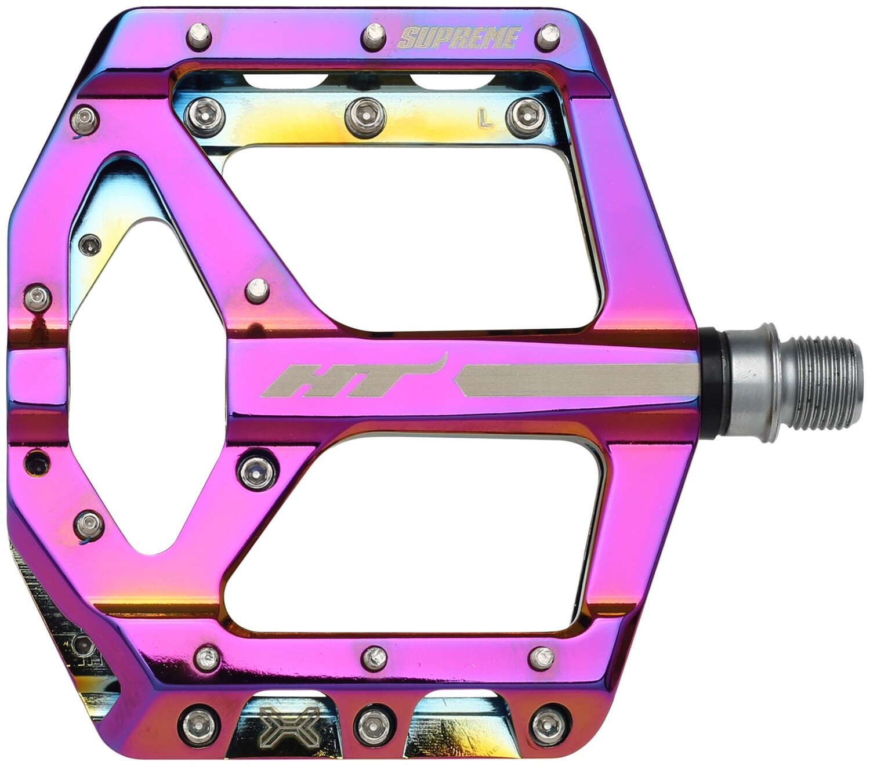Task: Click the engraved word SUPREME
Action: (x=458, y=38)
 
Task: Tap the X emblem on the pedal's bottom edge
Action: (x=289, y=727)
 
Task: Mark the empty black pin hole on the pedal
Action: (x=38, y=463)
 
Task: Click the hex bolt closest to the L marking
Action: (x=525, y=117)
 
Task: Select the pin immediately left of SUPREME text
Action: (x=374, y=37)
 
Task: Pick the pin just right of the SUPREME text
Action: (x=547, y=37)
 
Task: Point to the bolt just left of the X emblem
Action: (x=199, y=725)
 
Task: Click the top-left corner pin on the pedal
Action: (x=198, y=36)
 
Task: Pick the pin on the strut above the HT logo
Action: (x=257, y=291)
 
